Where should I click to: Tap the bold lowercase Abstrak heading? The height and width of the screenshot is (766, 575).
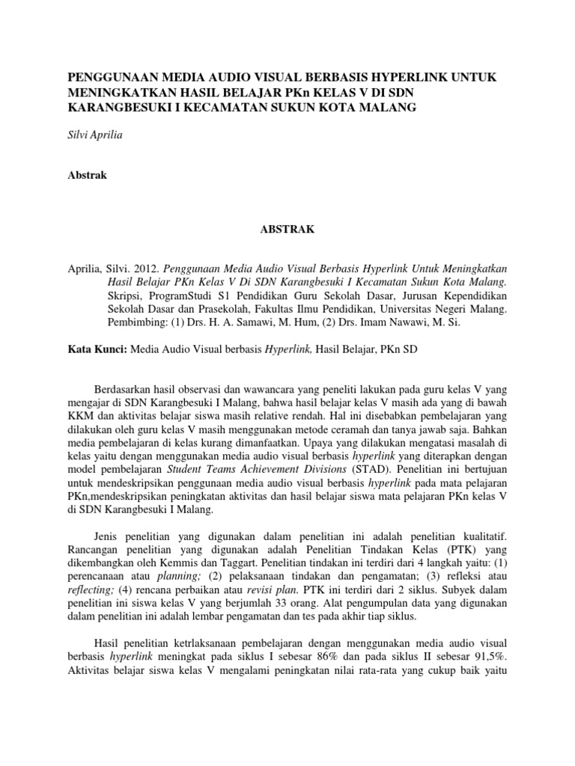pos(88,175)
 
